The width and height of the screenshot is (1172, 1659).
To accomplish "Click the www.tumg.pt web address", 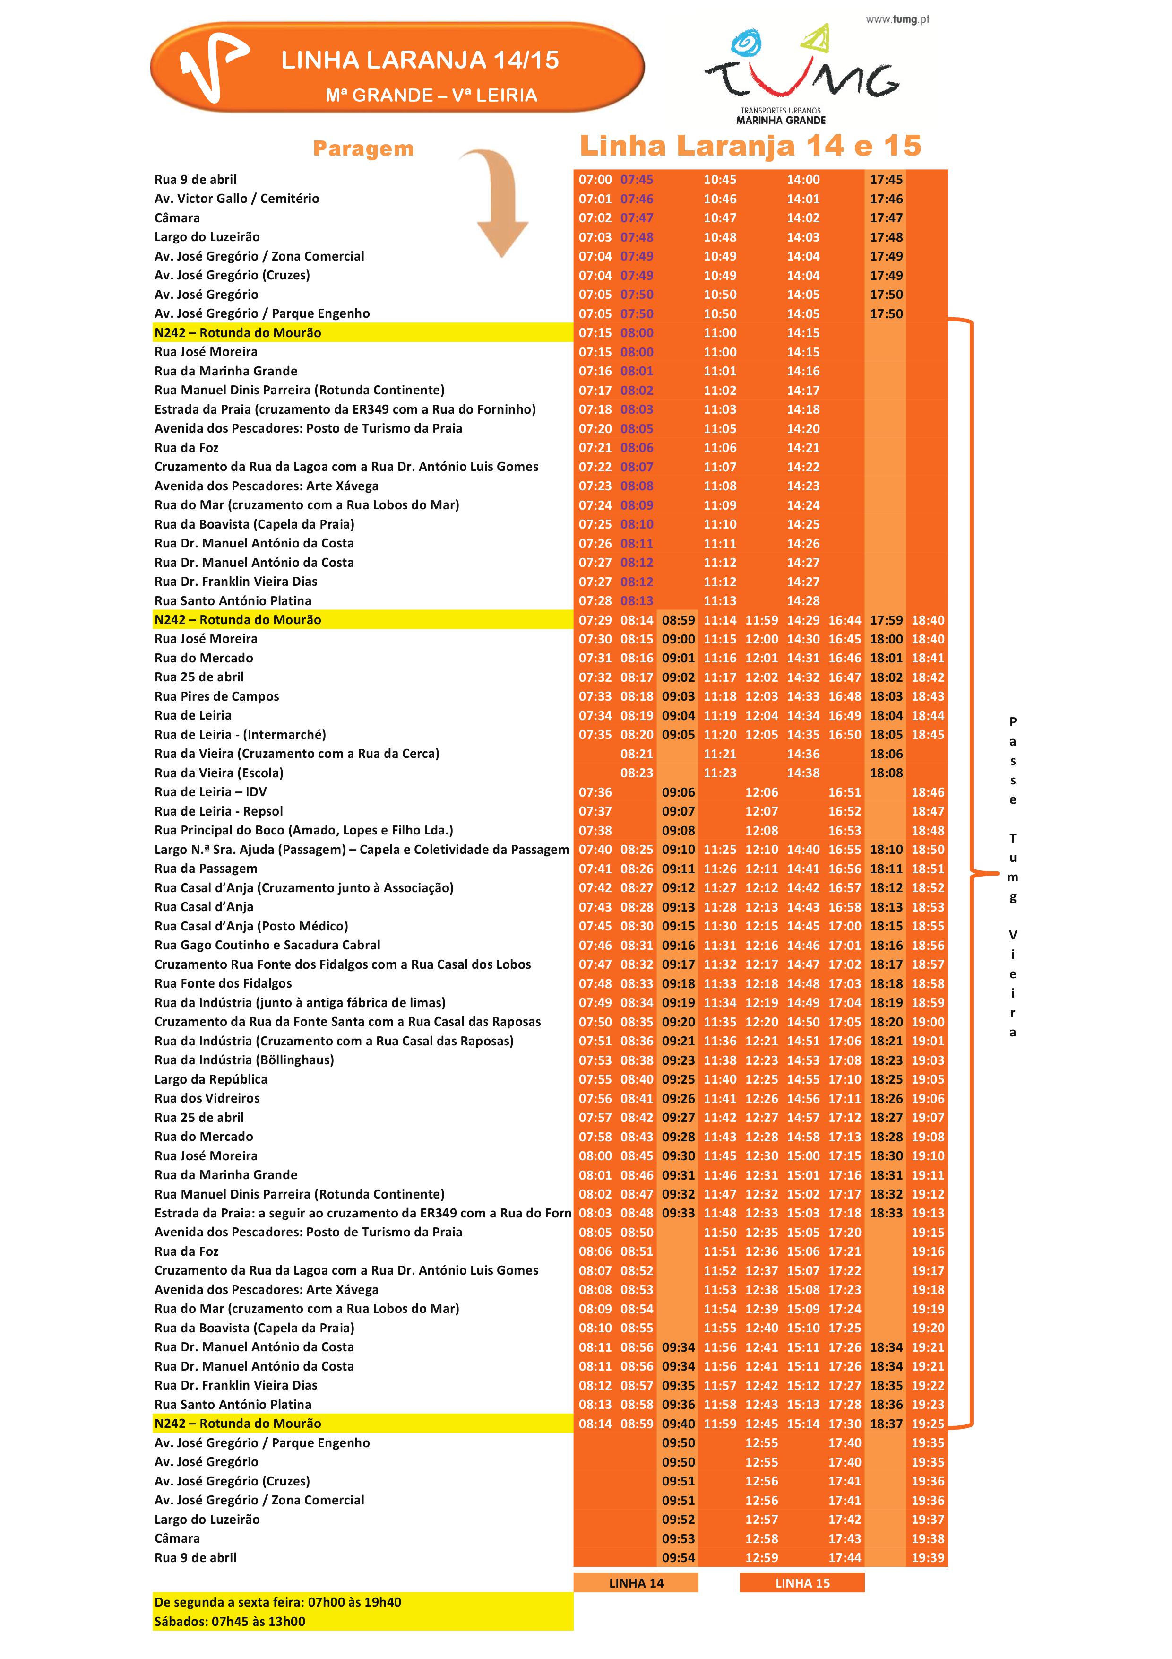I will (897, 19).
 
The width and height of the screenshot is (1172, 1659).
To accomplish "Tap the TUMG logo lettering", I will (801, 79).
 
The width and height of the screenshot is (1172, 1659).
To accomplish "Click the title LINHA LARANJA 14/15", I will (420, 60).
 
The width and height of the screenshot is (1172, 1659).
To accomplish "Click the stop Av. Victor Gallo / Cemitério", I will (236, 199).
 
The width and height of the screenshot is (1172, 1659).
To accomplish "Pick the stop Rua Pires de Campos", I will (216, 696).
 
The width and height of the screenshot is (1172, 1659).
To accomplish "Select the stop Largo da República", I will (211, 1079).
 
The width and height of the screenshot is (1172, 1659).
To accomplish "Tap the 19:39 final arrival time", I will (928, 1558).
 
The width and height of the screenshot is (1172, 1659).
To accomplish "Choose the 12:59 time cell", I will (762, 1558).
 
